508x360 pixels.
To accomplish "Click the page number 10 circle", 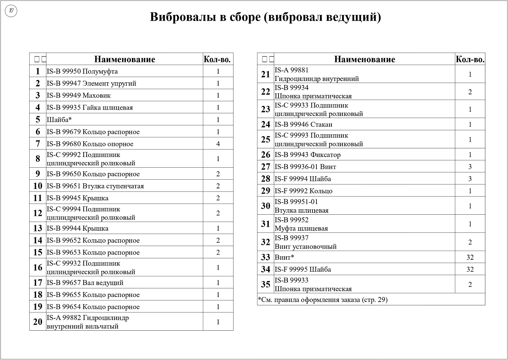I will (11, 11).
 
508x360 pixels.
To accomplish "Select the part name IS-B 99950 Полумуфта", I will (82, 71).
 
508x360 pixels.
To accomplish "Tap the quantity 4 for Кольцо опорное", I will (218, 144).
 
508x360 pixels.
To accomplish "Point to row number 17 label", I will (38, 283).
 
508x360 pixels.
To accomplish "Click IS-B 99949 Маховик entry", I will (79, 96).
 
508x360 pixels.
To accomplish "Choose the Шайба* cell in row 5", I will (59, 120).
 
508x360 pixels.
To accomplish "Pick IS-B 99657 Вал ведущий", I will (85, 283).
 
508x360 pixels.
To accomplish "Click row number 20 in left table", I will (38, 322).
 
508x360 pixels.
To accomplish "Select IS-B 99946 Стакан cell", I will (303, 124).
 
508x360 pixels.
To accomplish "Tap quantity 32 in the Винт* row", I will (470, 257).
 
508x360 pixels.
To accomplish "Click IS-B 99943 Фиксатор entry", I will (307, 155).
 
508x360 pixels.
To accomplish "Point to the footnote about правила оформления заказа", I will (323, 300).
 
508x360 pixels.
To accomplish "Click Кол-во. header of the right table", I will (470, 59).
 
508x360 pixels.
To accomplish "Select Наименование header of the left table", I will (125, 59).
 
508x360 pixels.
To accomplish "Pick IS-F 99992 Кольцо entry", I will (303, 191).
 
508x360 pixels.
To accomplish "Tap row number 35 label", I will (265, 284).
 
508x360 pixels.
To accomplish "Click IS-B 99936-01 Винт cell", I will (305, 167).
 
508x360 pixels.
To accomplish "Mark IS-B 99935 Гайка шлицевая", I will (90, 108).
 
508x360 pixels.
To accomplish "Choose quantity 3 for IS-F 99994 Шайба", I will (470, 179).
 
